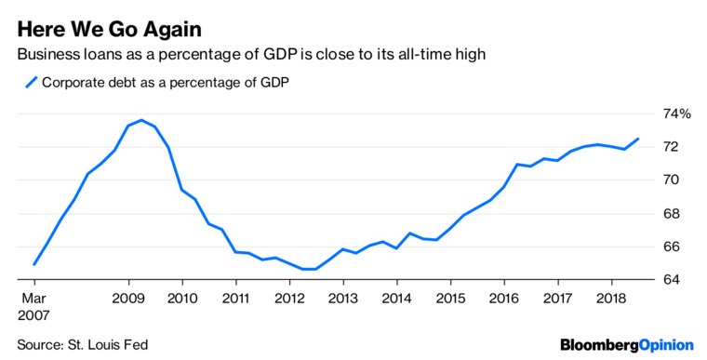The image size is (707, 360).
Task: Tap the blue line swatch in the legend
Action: [x=32, y=83]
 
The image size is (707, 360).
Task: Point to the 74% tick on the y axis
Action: [x=675, y=113]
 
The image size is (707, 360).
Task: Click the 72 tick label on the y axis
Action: [x=671, y=147]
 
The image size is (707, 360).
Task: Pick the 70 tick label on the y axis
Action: [x=671, y=180]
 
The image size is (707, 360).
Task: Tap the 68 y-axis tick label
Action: [x=671, y=213]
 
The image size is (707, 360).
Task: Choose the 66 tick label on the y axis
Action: [x=671, y=247]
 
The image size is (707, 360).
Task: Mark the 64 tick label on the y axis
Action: [x=671, y=280]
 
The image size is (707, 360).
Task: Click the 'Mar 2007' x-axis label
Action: [x=35, y=307]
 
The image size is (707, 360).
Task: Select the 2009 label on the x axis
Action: [x=128, y=298]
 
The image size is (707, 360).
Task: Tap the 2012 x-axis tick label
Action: [x=289, y=298]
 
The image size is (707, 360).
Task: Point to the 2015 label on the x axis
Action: [x=450, y=298]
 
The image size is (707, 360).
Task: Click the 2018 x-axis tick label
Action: [x=611, y=298]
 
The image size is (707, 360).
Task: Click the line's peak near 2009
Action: [x=140, y=120]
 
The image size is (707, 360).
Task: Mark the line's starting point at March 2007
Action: [x=34, y=264]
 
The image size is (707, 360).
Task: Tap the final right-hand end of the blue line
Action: [x=638, y=139]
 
